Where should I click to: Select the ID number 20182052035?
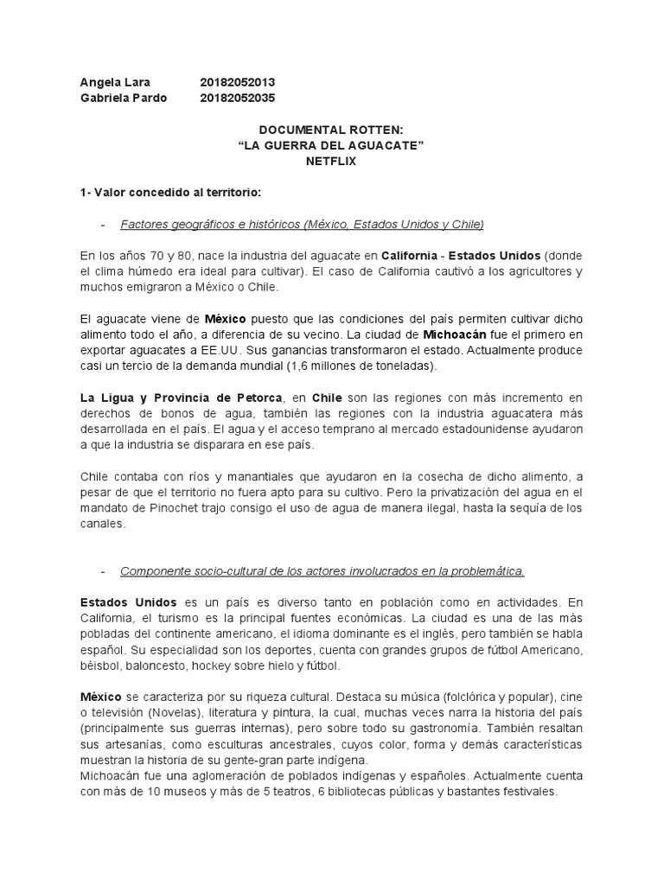(237, 98)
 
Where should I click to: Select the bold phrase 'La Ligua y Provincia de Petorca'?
(182, 398)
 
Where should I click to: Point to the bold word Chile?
(326, 398)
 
